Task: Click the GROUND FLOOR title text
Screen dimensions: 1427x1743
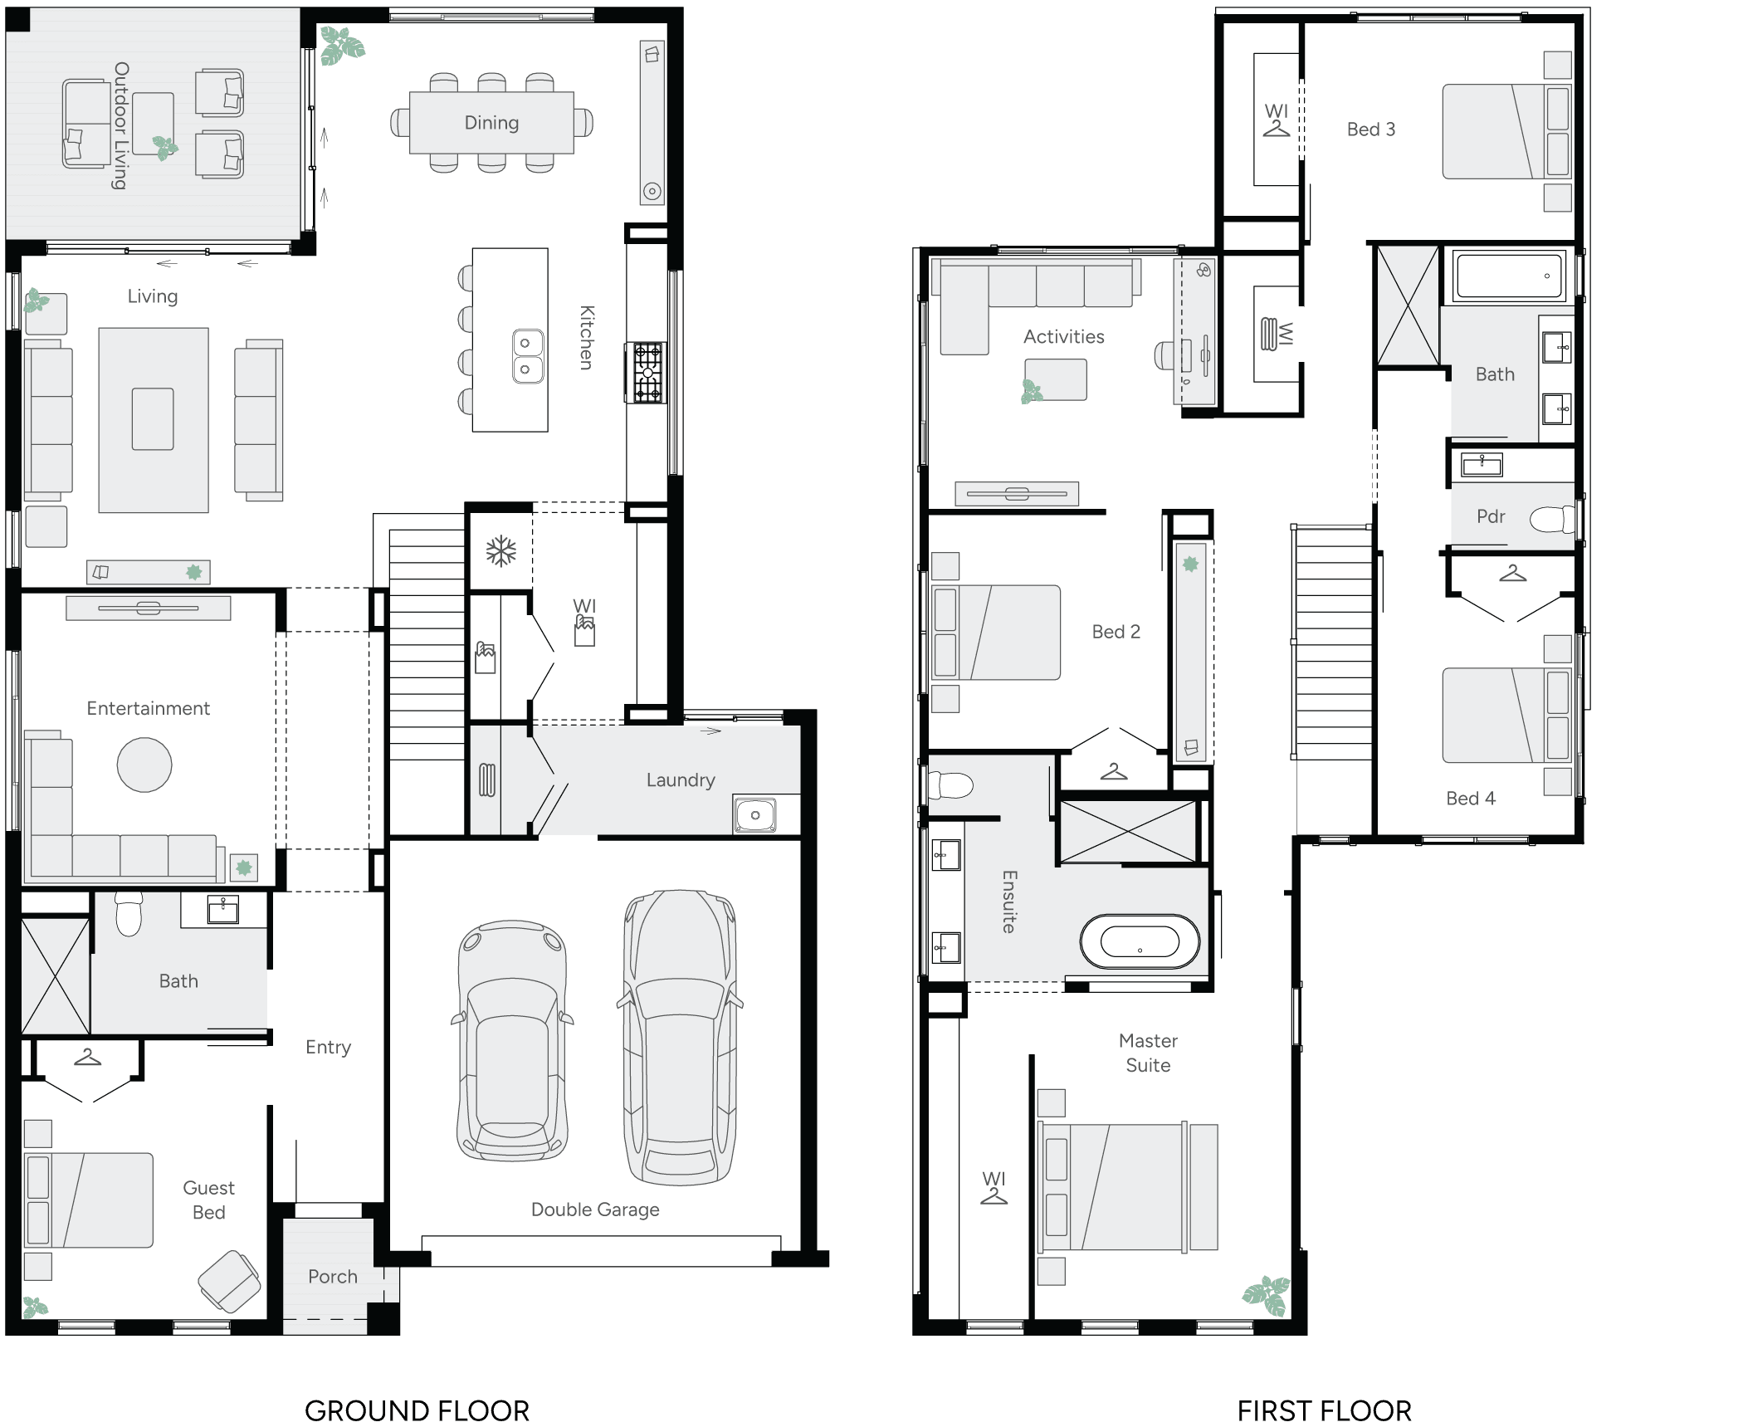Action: click(417, 1410)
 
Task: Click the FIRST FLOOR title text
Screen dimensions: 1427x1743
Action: click(1324, 1410)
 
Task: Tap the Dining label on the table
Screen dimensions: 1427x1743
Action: click(491, 123)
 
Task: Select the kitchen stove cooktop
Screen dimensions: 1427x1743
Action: click(647, 373)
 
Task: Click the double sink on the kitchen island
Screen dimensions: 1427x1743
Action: click(526, 356)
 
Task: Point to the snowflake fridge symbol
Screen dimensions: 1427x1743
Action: click(500, 551)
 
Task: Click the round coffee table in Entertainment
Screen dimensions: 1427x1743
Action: click(144, 765)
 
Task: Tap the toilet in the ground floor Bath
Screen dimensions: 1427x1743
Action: click(129, 915)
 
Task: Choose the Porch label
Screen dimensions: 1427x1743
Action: click(332, 1276)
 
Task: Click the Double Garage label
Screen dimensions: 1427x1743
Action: click(595, 1210)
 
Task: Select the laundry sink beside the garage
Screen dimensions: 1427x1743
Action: click(754, 815)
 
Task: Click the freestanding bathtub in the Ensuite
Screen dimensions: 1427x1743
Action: click(1140, 942)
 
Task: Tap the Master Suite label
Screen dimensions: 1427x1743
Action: click(1148, 1053)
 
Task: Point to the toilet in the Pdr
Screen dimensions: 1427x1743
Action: click(1550, 520)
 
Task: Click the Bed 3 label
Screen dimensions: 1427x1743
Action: click(1370, 130)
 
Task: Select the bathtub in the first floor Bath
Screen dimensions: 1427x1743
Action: click(1510, 276)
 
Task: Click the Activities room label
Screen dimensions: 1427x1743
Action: click(1063, 336)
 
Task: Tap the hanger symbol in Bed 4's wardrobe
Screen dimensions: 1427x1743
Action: click(1512, 574)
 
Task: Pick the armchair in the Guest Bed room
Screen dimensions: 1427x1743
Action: click(229, 1281)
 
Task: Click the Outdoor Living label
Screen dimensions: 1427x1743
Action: click(121, 125)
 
